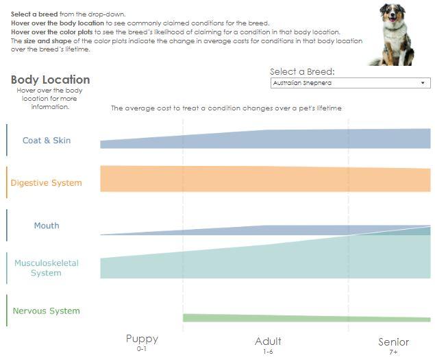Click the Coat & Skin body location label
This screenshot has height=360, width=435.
[x=47, y=141]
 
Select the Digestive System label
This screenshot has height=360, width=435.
[x=46, y=183]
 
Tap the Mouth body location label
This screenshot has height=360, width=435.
[x=47, y=226]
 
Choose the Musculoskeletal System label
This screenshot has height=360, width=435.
[x=47, y=268]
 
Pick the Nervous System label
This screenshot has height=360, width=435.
[x=46, y=311]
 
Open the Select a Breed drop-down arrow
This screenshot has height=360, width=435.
[x=423, y=83]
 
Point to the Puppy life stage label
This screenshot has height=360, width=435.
[x=142, y=339]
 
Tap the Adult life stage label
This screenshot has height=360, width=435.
[x=268, y=341]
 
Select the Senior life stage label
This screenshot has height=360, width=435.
[x=393, y=341]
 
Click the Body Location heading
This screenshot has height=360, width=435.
[x=50, y=80]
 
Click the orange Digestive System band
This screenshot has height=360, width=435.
[x=265, y=179]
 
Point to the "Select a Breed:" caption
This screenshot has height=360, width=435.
[x=302, y=71]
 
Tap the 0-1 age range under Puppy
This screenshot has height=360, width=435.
[x=142, y=349]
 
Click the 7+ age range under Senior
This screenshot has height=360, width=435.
[x=393, y=352]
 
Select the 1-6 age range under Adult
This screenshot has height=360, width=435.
[x=268, y=351]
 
